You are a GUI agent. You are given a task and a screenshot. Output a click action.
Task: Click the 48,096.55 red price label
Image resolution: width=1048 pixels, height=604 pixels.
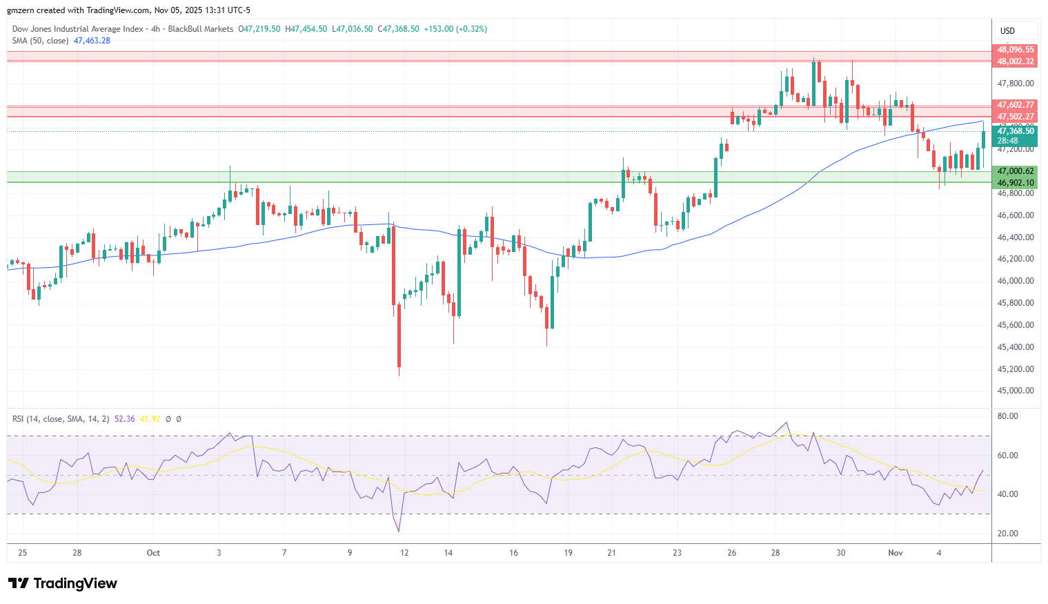(x=1016, y=50)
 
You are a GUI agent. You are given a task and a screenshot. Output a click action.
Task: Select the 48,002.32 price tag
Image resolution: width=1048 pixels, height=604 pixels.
(x=1016, y=61)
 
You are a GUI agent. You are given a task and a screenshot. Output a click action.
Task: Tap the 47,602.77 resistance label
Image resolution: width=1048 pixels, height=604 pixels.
(x=1016, y=105)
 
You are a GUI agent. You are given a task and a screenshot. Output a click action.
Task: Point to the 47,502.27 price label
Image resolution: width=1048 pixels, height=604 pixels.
(x=1016, y=117)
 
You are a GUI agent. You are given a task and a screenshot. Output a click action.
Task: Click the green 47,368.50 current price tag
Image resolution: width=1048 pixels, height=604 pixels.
(x=1016, y=131)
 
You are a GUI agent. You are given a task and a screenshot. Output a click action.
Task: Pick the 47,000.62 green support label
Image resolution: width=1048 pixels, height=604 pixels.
(x=1016, y=171)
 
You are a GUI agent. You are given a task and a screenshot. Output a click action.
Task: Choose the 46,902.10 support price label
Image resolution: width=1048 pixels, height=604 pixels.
(x=1016, y=183)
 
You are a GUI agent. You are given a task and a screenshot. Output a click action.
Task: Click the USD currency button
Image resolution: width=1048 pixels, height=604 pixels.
(x=1008, y=30)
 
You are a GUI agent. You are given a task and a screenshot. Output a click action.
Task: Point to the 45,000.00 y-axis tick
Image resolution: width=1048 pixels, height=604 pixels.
(x=1016, y=391)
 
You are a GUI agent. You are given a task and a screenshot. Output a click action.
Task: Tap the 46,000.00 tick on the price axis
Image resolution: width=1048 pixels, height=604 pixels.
(x=1016, y=281)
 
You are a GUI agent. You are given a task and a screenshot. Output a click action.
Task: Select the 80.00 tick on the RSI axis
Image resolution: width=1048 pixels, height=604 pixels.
(x=1008, y=416)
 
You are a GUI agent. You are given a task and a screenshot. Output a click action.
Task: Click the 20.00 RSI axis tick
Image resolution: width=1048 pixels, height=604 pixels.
(x=1008, y=534)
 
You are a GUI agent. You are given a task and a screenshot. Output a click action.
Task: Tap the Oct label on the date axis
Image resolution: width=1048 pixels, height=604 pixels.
(x=153, y=553)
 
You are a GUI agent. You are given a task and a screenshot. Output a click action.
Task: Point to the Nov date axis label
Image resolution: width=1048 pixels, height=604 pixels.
(x=896, y=553)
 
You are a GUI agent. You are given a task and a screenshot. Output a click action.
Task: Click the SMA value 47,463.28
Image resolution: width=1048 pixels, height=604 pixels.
(x=92, y=41)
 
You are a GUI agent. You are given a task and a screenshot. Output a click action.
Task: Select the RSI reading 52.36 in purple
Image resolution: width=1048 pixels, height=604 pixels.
(x=124, y=419)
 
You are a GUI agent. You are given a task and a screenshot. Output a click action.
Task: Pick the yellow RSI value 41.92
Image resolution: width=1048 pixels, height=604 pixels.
(x=150, y=419)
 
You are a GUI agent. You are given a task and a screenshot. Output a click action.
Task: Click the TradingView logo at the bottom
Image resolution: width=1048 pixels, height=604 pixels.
(x=63, y=583)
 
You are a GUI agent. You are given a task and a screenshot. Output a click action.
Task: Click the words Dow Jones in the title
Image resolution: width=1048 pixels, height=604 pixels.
(x=30, y=29)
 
